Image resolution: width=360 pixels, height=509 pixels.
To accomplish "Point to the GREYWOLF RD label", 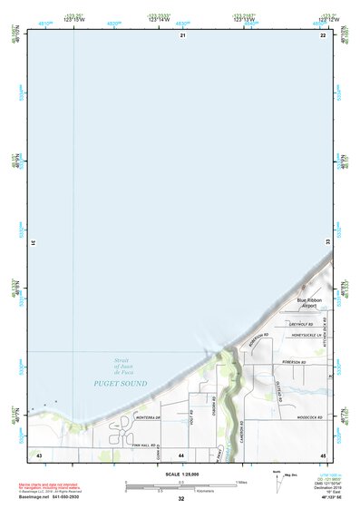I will click(x=302, y=324).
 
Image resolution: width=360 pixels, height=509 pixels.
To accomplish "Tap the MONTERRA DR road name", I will click(x=148, y=417).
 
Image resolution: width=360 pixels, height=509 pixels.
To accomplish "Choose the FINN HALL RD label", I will click(x=143, y=445).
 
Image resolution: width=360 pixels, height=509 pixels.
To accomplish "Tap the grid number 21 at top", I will click(x=182, y=35).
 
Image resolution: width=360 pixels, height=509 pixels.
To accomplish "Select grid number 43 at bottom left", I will click(x=39, y=454).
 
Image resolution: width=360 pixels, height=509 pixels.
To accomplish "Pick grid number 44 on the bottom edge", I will click(x=182, y=454).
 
